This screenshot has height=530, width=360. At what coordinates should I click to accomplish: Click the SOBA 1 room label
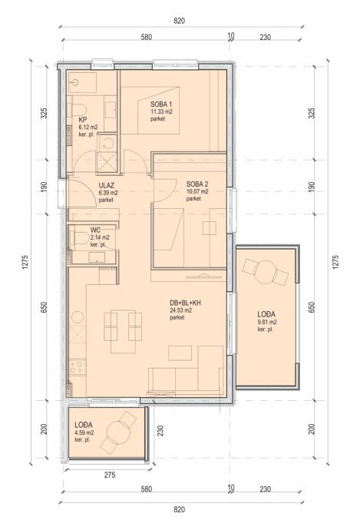(x=161, y=104)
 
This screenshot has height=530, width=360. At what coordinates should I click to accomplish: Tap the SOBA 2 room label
(x=197, y=184)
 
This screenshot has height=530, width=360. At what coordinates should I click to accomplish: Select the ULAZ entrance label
(x=107, y=186)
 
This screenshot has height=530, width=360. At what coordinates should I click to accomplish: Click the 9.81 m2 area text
(x=267, y=322)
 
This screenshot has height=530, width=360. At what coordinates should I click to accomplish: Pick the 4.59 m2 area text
(x=84, y=432)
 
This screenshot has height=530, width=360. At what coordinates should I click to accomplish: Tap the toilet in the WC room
(x=81, y=239)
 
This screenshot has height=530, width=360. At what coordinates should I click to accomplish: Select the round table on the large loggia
(x=266, y=273)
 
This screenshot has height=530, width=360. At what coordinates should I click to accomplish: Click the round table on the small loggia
(x=118, y=432)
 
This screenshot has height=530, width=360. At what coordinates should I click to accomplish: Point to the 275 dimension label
(x=110, y=475)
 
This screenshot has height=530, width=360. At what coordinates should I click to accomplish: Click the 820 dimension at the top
(x=180, y=21)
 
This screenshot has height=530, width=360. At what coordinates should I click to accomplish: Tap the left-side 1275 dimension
(x=25, y=262)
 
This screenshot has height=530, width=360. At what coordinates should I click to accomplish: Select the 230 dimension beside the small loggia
(x=160, y=430)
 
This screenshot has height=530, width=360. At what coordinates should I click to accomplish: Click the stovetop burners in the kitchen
(x=78, y=367)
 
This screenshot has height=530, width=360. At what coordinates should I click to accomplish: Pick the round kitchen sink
(x=78, y=317)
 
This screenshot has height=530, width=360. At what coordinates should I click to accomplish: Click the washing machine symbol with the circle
(x=107, y=144)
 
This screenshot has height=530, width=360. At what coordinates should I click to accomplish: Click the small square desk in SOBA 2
(x=210, y=228)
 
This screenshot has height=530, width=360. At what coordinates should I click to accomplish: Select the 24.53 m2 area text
(x=180, y=310)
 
